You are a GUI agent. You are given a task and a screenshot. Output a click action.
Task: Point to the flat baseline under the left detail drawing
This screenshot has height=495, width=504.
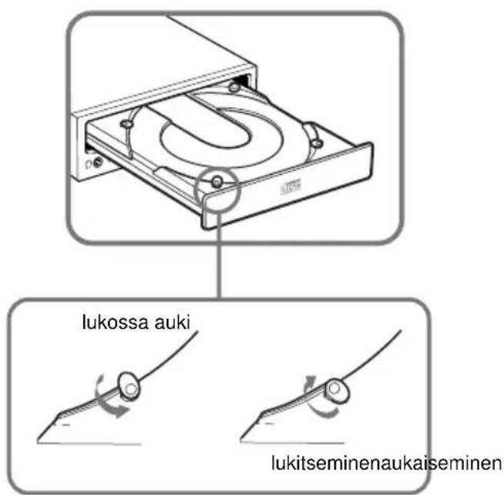click(x=92, y=444)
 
